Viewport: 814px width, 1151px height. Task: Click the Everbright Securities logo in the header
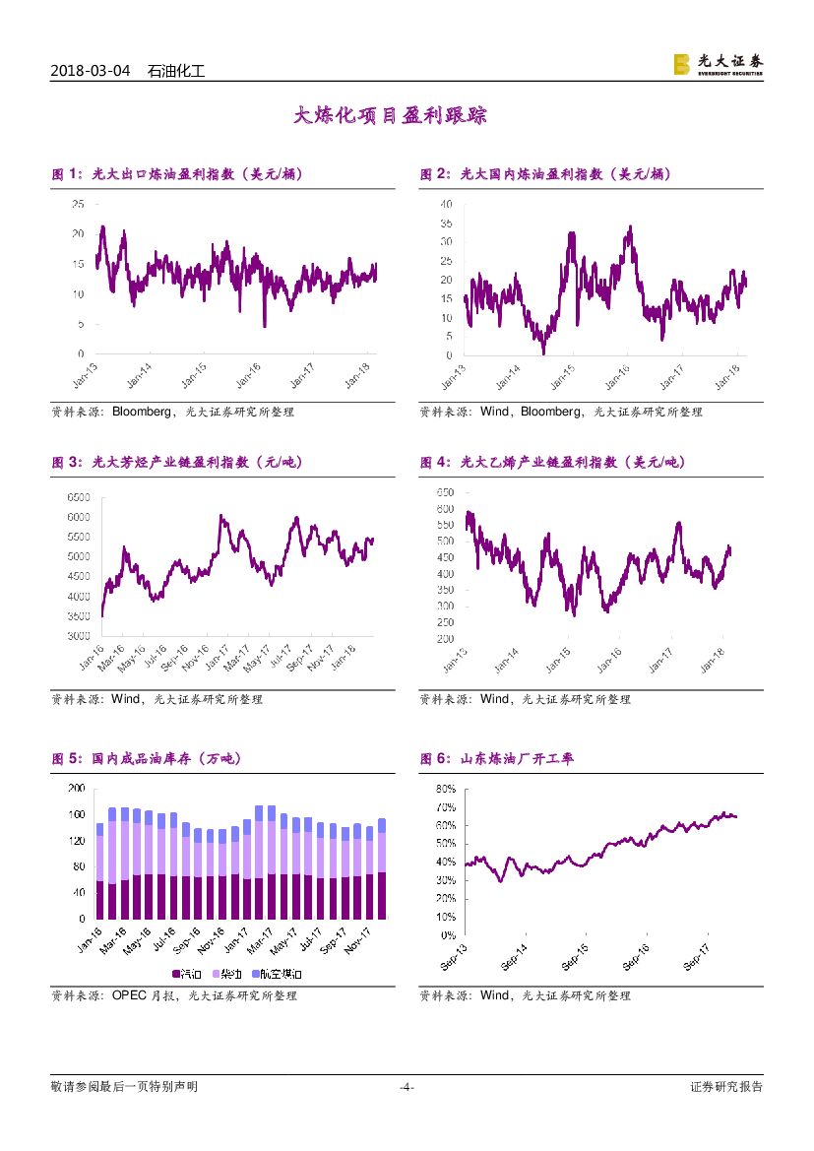click(718, 64)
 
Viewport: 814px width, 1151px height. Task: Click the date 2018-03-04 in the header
click(90, 72)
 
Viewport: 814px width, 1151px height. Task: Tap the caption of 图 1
click(177, 174)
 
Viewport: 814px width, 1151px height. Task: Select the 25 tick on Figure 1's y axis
click(78, 204)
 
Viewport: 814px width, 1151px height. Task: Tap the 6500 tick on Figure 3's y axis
click(78, 497)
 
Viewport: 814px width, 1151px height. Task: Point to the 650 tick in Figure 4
click(444, 491)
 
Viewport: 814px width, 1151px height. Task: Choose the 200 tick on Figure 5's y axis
click(76, 789)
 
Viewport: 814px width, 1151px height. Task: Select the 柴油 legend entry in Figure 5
click(231, 974)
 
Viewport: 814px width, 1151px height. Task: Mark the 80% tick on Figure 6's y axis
click(444, 789)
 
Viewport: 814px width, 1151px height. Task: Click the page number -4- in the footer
click(406, 1087)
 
